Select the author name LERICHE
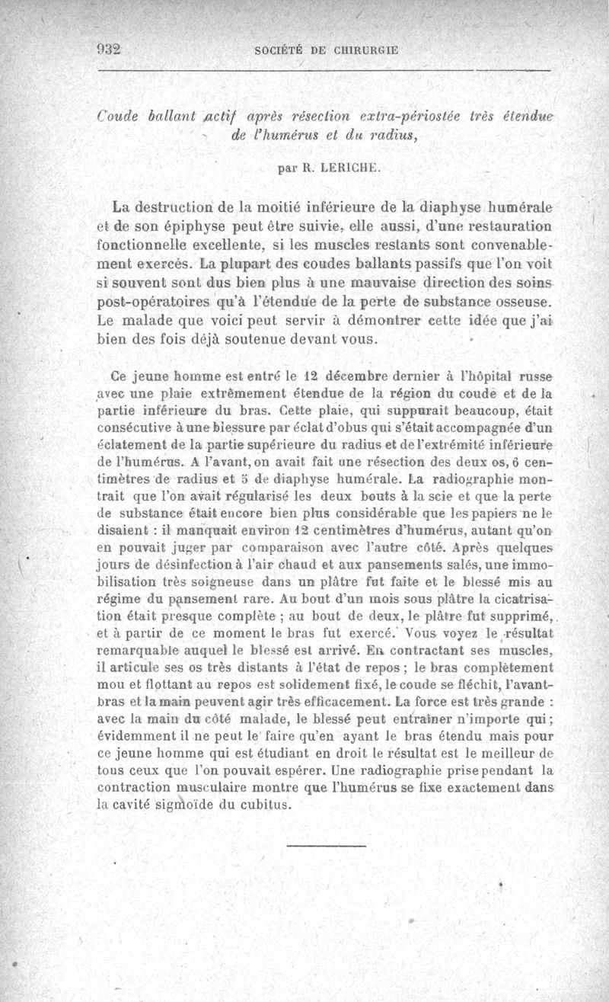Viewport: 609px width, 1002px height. click(x=335, y=170)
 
